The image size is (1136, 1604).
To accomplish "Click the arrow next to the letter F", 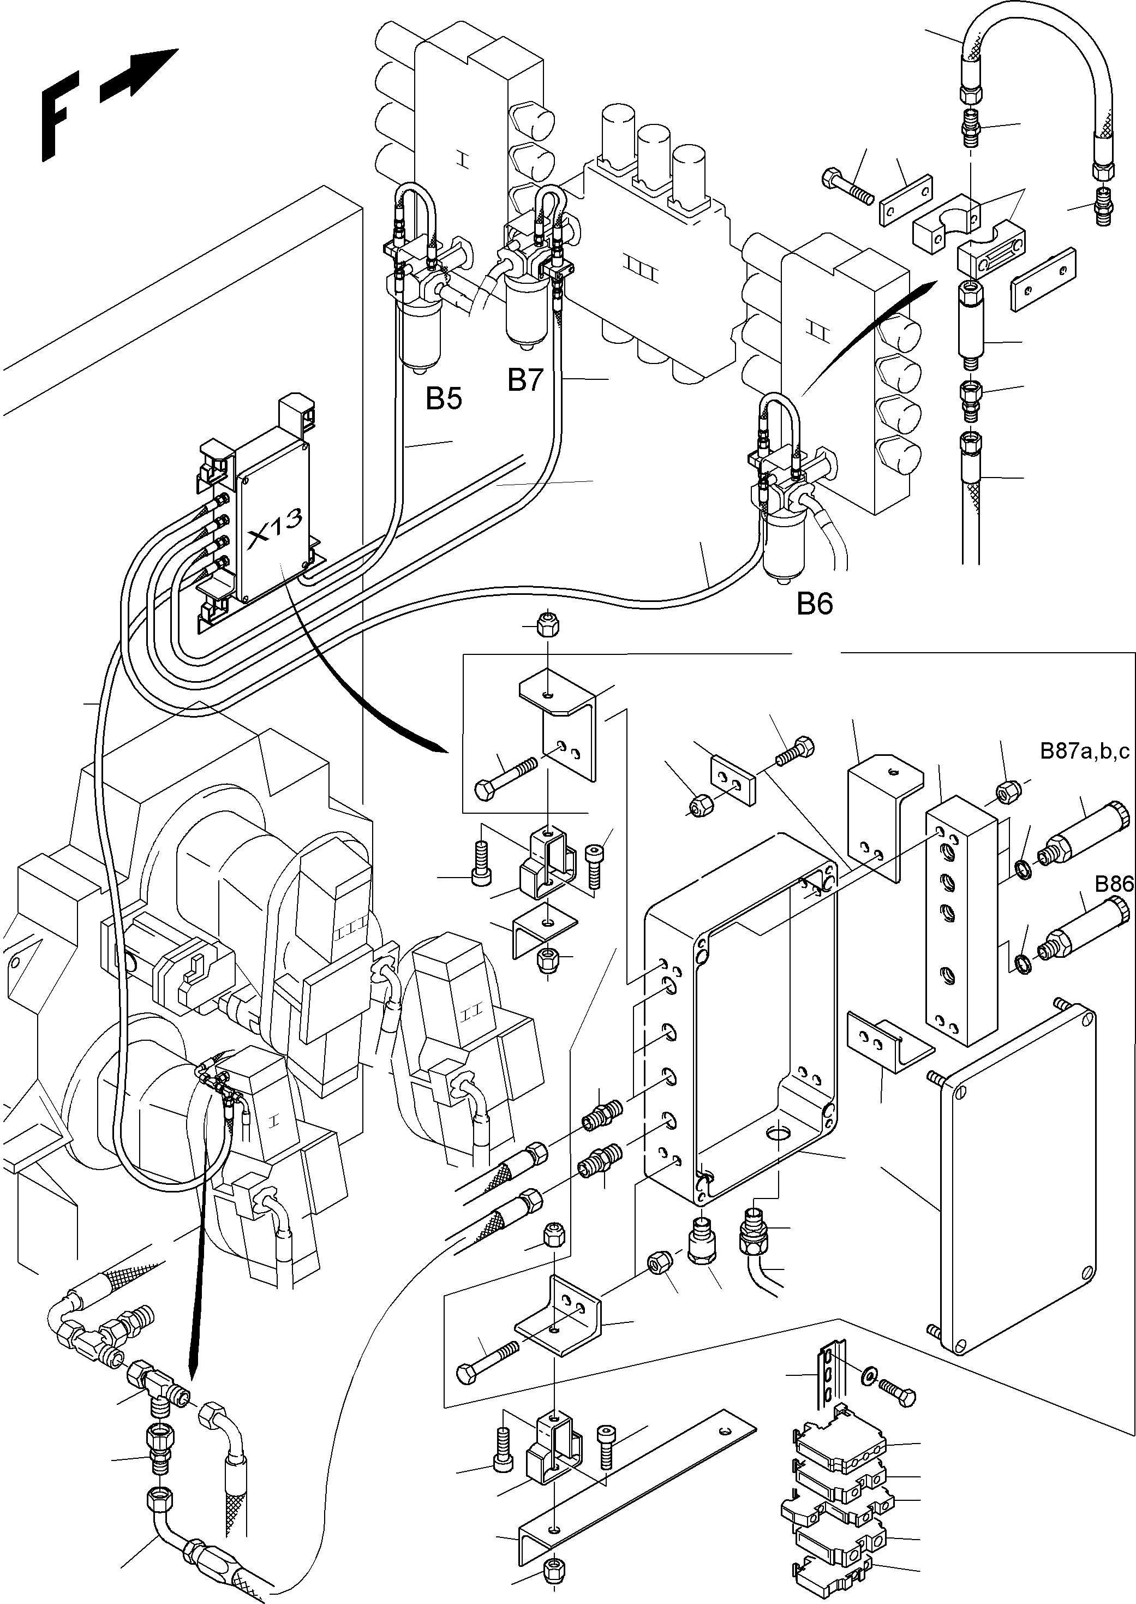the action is click(139, 75).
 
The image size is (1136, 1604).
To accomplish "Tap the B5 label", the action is click(444, 399).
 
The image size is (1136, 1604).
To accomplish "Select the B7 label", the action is click(525, 380).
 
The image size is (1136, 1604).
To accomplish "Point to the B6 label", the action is click(815, 604).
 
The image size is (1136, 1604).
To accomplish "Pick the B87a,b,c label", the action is click(1084, 752).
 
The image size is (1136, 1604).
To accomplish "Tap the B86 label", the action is click(1114, 884).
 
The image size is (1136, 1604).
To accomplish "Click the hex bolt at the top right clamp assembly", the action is click(846, 186).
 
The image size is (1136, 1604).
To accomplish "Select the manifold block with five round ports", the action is click(961, 927).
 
